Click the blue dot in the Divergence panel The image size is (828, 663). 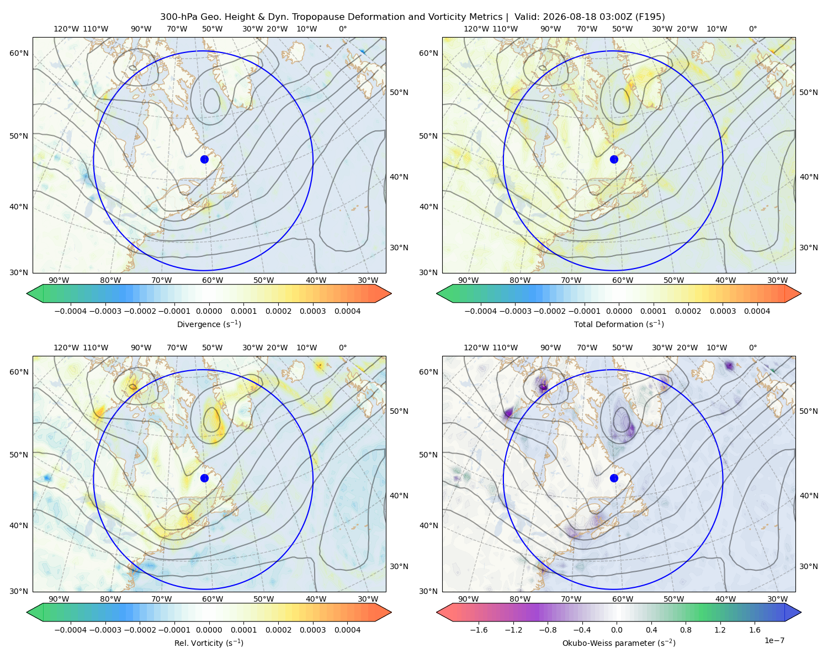point(204,160)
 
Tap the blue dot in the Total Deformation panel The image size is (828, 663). point(614,160)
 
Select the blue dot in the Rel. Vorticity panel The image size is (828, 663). point(204,478)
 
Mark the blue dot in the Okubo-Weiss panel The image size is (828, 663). point(614,478)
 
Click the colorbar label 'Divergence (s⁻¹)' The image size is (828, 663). point(209,324)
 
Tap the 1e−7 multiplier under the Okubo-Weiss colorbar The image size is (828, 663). point(774,640)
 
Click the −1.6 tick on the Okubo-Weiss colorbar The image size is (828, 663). point(479,630)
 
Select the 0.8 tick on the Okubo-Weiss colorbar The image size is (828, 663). point(686,630)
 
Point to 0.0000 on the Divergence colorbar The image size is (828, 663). point(209,311)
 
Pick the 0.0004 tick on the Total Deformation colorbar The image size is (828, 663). point(757,311)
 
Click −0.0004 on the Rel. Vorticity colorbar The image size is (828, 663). point(71,630)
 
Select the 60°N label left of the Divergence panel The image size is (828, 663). point(19,53)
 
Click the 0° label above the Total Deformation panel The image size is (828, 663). point(753,29)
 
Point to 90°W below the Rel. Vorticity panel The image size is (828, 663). point(59,599)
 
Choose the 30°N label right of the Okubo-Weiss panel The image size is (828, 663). point(809,566)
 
